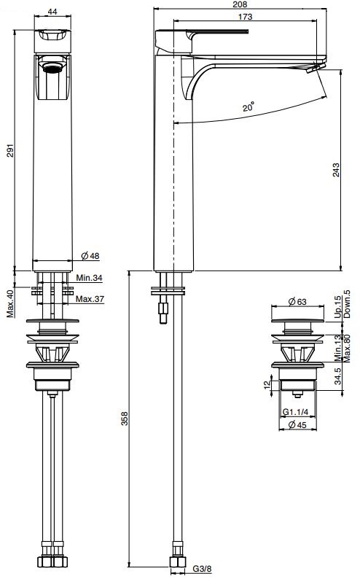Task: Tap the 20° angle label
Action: (x=250, y=107)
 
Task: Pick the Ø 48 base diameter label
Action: (x=90, y=255)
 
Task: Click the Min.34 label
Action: (x=88, y=278)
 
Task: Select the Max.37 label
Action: (x=89, y=299)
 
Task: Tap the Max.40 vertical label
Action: (x=10, y=304)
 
